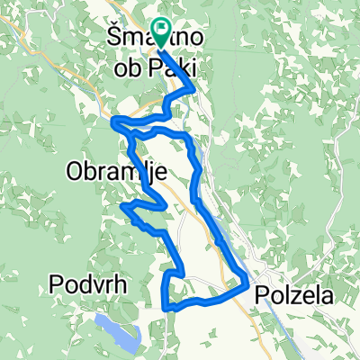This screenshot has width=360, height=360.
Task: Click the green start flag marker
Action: click(x=162, y=32)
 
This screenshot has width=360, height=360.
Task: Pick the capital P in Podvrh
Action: click(x=53, y=287)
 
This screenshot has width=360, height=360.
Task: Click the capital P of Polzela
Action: click(x=262, y=294)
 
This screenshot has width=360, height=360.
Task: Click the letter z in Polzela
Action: click(x=298, y=294)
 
